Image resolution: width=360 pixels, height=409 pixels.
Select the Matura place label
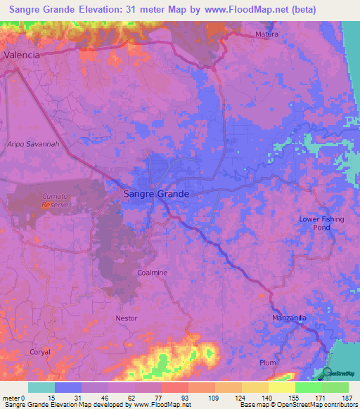tap(266, 34)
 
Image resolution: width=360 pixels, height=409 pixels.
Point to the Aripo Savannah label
tap(32, 143)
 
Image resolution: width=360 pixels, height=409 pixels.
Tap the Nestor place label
tap(127, 318)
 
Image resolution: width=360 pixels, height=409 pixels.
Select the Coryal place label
tap(41, 351)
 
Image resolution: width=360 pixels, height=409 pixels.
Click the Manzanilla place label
tap(290, 318)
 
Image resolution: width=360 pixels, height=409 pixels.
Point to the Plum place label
tap(268, 363)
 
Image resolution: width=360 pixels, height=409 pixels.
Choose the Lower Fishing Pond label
tap(321, 223)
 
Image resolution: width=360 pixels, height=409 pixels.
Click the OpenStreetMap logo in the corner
tap(339, 373)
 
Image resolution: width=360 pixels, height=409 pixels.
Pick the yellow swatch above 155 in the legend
tap(281, 387)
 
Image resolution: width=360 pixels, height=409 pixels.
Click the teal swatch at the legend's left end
tap(41, 387)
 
